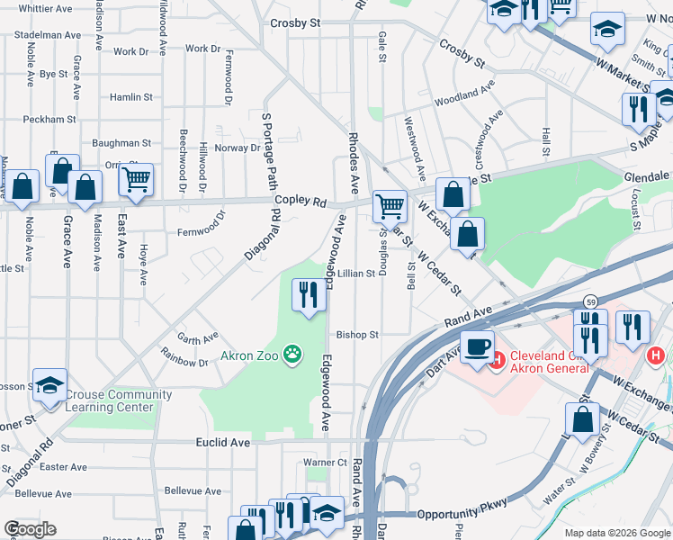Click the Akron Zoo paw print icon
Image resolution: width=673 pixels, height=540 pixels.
tap(292, 355)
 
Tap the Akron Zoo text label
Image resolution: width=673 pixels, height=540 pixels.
tap(251, 355)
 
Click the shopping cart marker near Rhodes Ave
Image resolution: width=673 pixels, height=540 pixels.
tap(389, 206)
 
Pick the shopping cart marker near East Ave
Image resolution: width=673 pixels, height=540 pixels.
tap(136, 179)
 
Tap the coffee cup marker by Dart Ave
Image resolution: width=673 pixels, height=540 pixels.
tap(477, 346)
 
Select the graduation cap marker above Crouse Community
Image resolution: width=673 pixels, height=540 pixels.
tap(49, 385)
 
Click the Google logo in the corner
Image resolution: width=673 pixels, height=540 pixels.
tap(30, 528)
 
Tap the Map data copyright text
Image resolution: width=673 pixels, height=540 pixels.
tap(616, 533)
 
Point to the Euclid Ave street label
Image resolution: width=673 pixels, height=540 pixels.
tap(222, 443)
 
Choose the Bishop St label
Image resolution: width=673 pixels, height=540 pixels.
tap(357, 335)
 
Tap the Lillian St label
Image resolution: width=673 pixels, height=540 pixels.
tap(356, 274)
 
